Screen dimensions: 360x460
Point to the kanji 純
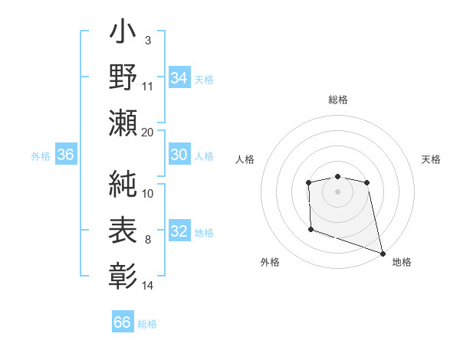123,184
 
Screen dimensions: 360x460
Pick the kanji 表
123,229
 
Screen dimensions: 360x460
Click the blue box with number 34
179,78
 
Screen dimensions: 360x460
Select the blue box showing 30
179,155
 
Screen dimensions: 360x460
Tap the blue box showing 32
179,232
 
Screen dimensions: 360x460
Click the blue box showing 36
66,155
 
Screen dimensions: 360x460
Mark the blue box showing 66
122,322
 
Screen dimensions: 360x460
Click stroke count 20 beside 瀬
148,133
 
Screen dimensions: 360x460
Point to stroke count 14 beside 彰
148,286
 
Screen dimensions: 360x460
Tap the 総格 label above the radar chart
338,100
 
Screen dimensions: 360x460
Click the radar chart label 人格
245,159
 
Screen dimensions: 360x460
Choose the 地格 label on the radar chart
402,262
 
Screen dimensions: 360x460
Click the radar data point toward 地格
383,253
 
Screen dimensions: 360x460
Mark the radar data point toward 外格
310,229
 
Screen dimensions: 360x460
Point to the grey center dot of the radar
337,191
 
